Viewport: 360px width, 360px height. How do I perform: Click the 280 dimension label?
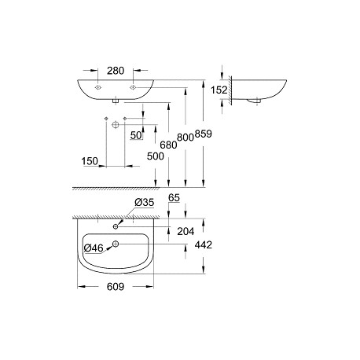[x=116, y=71]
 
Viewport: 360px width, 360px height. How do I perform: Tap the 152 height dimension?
[x=219, y=90]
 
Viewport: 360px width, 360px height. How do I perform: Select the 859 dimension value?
[x=203, y=134]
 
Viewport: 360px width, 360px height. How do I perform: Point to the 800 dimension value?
[x=186, y=137]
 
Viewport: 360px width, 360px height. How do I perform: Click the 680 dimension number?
[x=168, y=145]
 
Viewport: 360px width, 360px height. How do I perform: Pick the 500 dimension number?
[x=156, y=156]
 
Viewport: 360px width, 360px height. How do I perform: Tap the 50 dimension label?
[x=136, y=135]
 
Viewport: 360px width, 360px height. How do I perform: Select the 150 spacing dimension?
[x=90, y=161]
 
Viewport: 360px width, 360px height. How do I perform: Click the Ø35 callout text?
[x=145, y=202]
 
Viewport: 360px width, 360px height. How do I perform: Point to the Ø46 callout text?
[x=94, y=248]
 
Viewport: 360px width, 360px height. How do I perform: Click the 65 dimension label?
[x=174, y=198]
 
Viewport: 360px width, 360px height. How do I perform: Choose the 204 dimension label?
[x=186, y=231]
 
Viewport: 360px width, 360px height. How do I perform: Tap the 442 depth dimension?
[x=204, y=245]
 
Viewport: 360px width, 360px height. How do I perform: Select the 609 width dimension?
[x=116, y=287]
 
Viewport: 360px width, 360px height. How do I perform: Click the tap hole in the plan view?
[x=116, y=226]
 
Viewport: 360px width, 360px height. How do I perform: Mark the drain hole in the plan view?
[x=116, y=244]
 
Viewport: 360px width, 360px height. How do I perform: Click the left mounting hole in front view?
[x=97, y=87]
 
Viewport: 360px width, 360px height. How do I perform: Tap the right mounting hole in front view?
[x=133, y=87]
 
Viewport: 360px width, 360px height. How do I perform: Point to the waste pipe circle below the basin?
[x=116, y=125]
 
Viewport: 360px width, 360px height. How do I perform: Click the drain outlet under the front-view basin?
[x=116, y=101]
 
